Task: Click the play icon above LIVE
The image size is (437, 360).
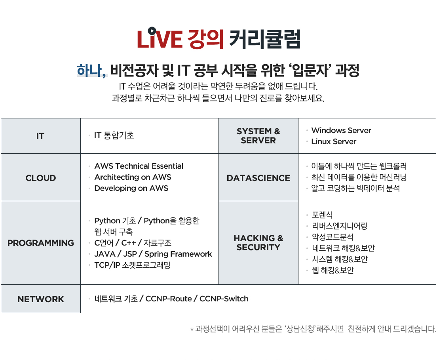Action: pyautogui.click(x=152, y=30)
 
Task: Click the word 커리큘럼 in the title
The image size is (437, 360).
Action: pyautogui.click(x=265, y=39)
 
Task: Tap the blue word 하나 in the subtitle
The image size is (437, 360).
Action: pyautogui.click(x=91, y=70)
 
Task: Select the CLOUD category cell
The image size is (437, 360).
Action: pyautogui.click(x=41, y=178)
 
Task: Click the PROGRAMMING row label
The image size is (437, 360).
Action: pyautogui.click(x=41, y=243)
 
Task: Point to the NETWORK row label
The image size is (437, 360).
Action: pyautogui.click(x=41, y=299)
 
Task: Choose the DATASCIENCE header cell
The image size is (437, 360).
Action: pyautogui.click(x=258, y=178)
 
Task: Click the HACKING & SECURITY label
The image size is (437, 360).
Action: pyautogui.click(x=258, y=243)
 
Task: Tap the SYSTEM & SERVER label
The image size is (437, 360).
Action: pyautogui.click(x=258, y=136)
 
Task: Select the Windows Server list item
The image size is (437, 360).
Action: pyautogui.click(x=341, y=131)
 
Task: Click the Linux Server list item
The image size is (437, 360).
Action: pyautogui.click(x=334, y=142)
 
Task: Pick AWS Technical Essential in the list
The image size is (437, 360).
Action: pyautogui.click(x=139, y=166)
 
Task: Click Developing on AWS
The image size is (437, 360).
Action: pyautogui.click(x=131, y=188)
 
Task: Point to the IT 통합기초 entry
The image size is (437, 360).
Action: pyautogui.click(x=114, y=135)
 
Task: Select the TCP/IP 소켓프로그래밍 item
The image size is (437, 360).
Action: pyautogui.click(x=132, y=265)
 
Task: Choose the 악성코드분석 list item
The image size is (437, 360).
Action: pyautogui.click(x=332, y=237)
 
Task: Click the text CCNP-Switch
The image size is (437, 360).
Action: pyautogui.click(x=224, y=299)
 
